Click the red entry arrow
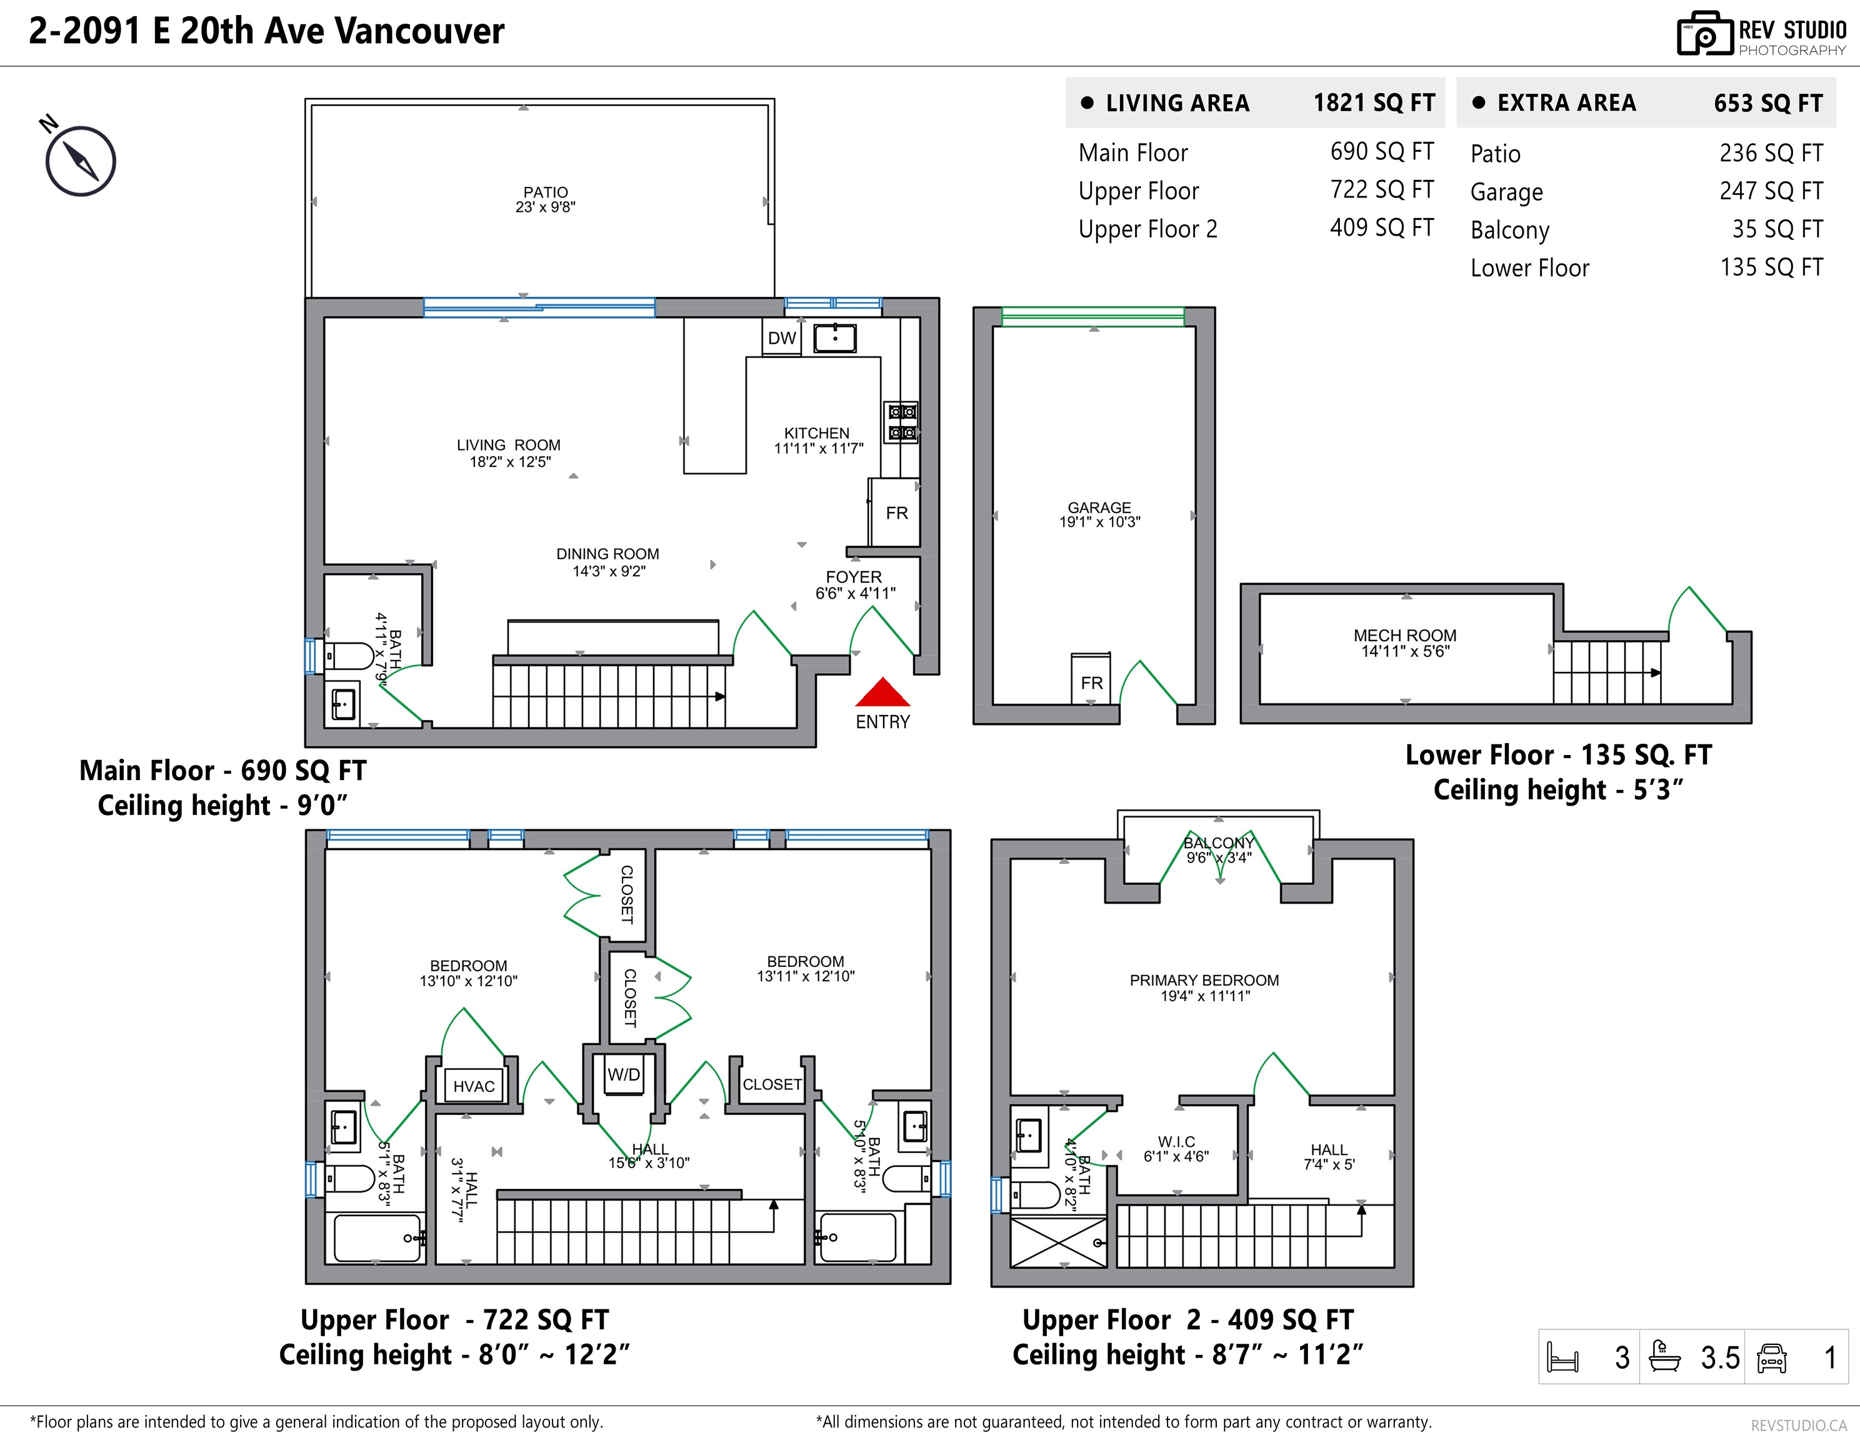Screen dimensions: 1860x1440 pyautogui.click(x=882, y=692)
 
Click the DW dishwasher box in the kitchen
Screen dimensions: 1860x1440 pyautogui.click(x=781, y=338)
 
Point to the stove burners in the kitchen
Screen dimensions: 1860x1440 pyautogui.click(x=902, y=422)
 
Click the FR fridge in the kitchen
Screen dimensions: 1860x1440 pyautogui.click(x=895, y=512)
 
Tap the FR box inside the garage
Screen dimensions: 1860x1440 pyautogui.click(x=1091, y=679)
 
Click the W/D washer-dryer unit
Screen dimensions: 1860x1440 pyautogui.click(x=623, y=1076)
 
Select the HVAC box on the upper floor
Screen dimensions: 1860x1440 pyautogui.click(x=474, y=1086)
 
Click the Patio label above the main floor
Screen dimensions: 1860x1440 pyautogui.click(x=545, y=192)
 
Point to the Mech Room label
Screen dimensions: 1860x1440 pyautogui.click(x=1404, y=635)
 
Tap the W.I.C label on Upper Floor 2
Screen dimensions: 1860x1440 pyautogui.click(x=1176, y=1141)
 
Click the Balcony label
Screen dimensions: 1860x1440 pyautogui.click(x=1219, y=843)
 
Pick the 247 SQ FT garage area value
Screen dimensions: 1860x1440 pyautogui.click(x=1771, y=191)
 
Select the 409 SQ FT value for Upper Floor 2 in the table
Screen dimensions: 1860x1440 pyautogui.click(x=1381, y=227)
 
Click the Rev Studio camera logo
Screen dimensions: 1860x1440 pyautogui.click(x=1704, y=34)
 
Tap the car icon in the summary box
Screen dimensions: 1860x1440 pyautogui.click(x=1771, y=1357)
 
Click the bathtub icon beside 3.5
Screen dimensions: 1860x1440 pyautogui.click(x=1665, y=1356)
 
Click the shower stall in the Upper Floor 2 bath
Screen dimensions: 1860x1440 pyautogui.click(x=1059, y=1242)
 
